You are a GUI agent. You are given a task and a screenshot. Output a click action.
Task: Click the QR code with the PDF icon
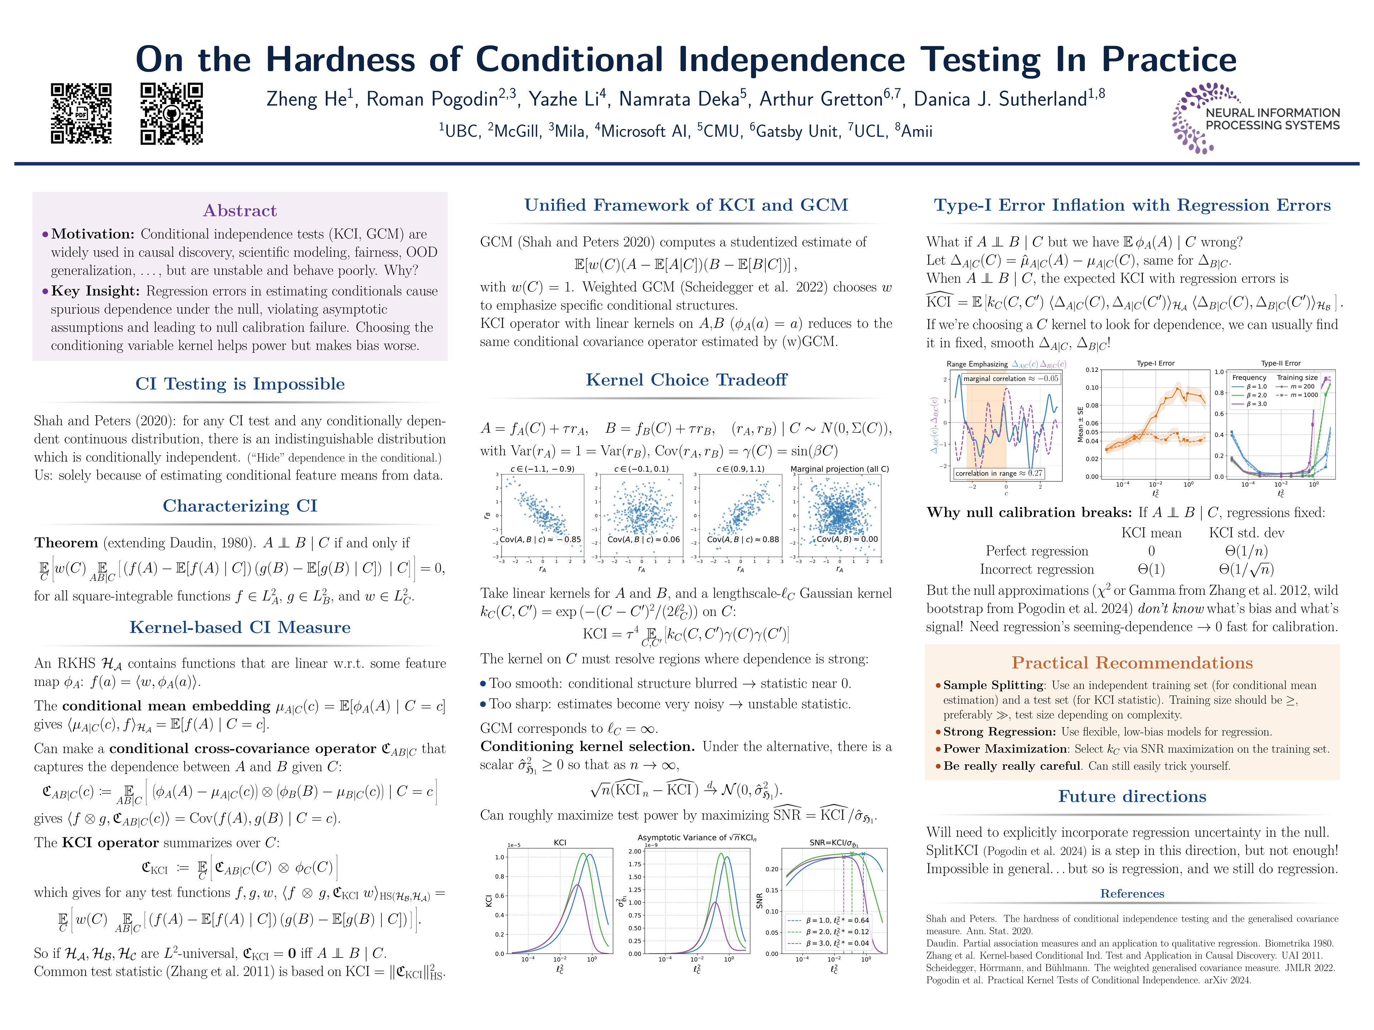(x=81, y=114)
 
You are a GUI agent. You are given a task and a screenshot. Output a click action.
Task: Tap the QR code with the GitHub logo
(x=171, y=114)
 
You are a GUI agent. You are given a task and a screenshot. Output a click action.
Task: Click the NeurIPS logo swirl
(x=1189, y=118)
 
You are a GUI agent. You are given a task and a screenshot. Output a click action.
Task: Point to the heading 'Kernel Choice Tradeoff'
(x=686, y=380)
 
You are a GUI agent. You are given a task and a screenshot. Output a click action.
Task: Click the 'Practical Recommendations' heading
(x=1132, y=663)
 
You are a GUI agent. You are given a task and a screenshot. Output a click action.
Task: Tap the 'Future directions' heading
(x=1132, y=796)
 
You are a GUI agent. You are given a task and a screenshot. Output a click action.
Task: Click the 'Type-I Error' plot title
(x=1155, y=363)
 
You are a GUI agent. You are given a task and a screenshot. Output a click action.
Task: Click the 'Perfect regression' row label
(x=1037, y=551)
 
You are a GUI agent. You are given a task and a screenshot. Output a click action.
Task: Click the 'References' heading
(x=1132, y=893)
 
